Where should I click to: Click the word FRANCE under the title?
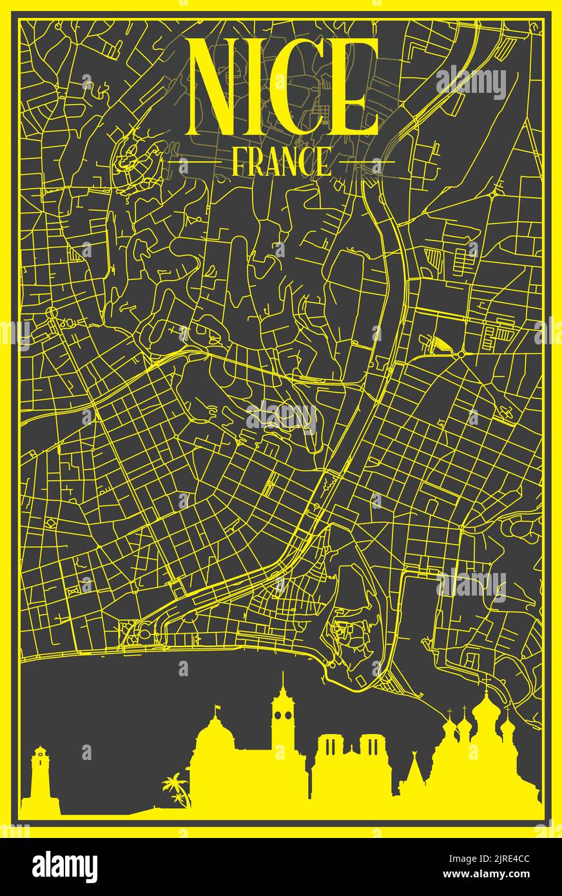click(280, 162)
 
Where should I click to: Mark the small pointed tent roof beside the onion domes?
click(412, 770)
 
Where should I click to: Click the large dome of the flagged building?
click(218, 735)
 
